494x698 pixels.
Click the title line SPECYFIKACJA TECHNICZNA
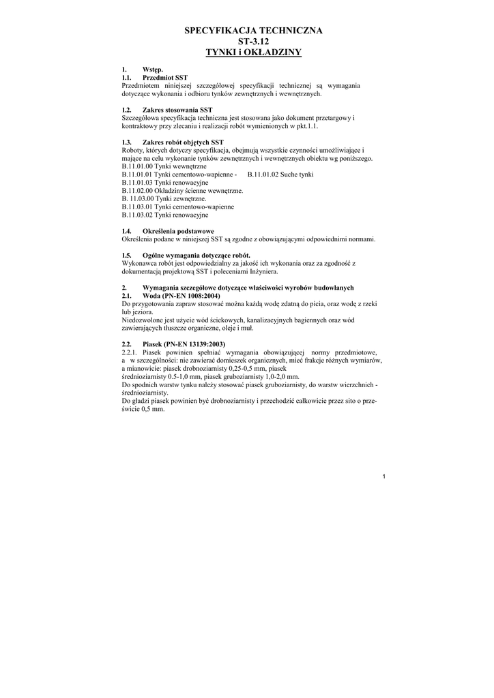tap(253, 31)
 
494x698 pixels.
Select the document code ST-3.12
tap(253, 42)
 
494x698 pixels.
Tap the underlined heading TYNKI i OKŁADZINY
tap(253, 52)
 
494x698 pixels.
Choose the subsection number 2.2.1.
tap(130, 352)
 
